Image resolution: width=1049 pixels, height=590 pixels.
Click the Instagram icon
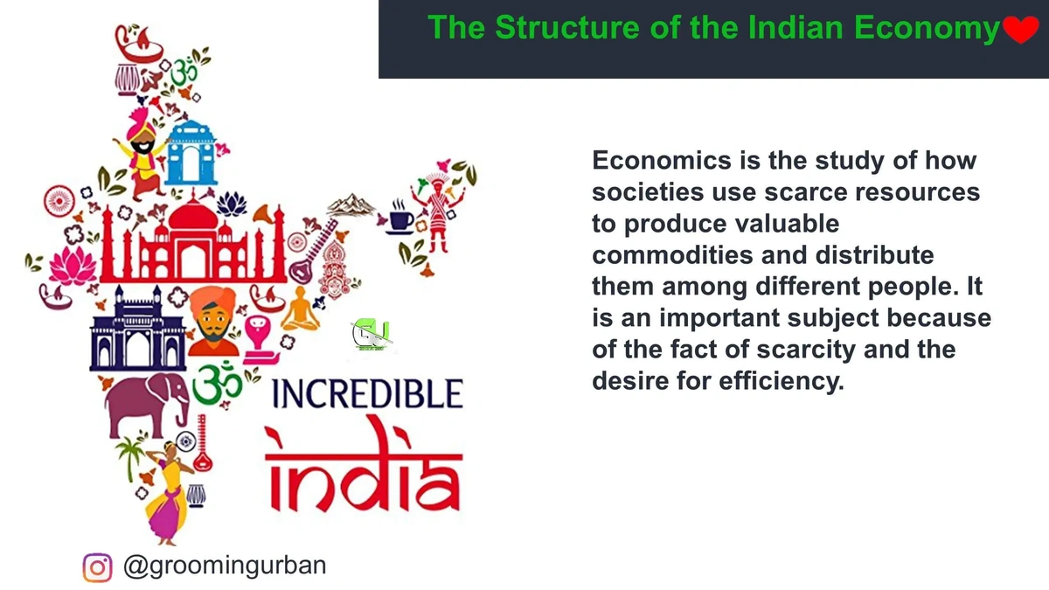coord(98,567)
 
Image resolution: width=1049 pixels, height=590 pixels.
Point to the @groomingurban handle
coord(225,566)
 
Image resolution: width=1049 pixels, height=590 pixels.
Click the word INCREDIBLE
coord(368,395)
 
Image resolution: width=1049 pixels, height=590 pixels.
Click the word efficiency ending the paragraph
coord(773,382)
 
